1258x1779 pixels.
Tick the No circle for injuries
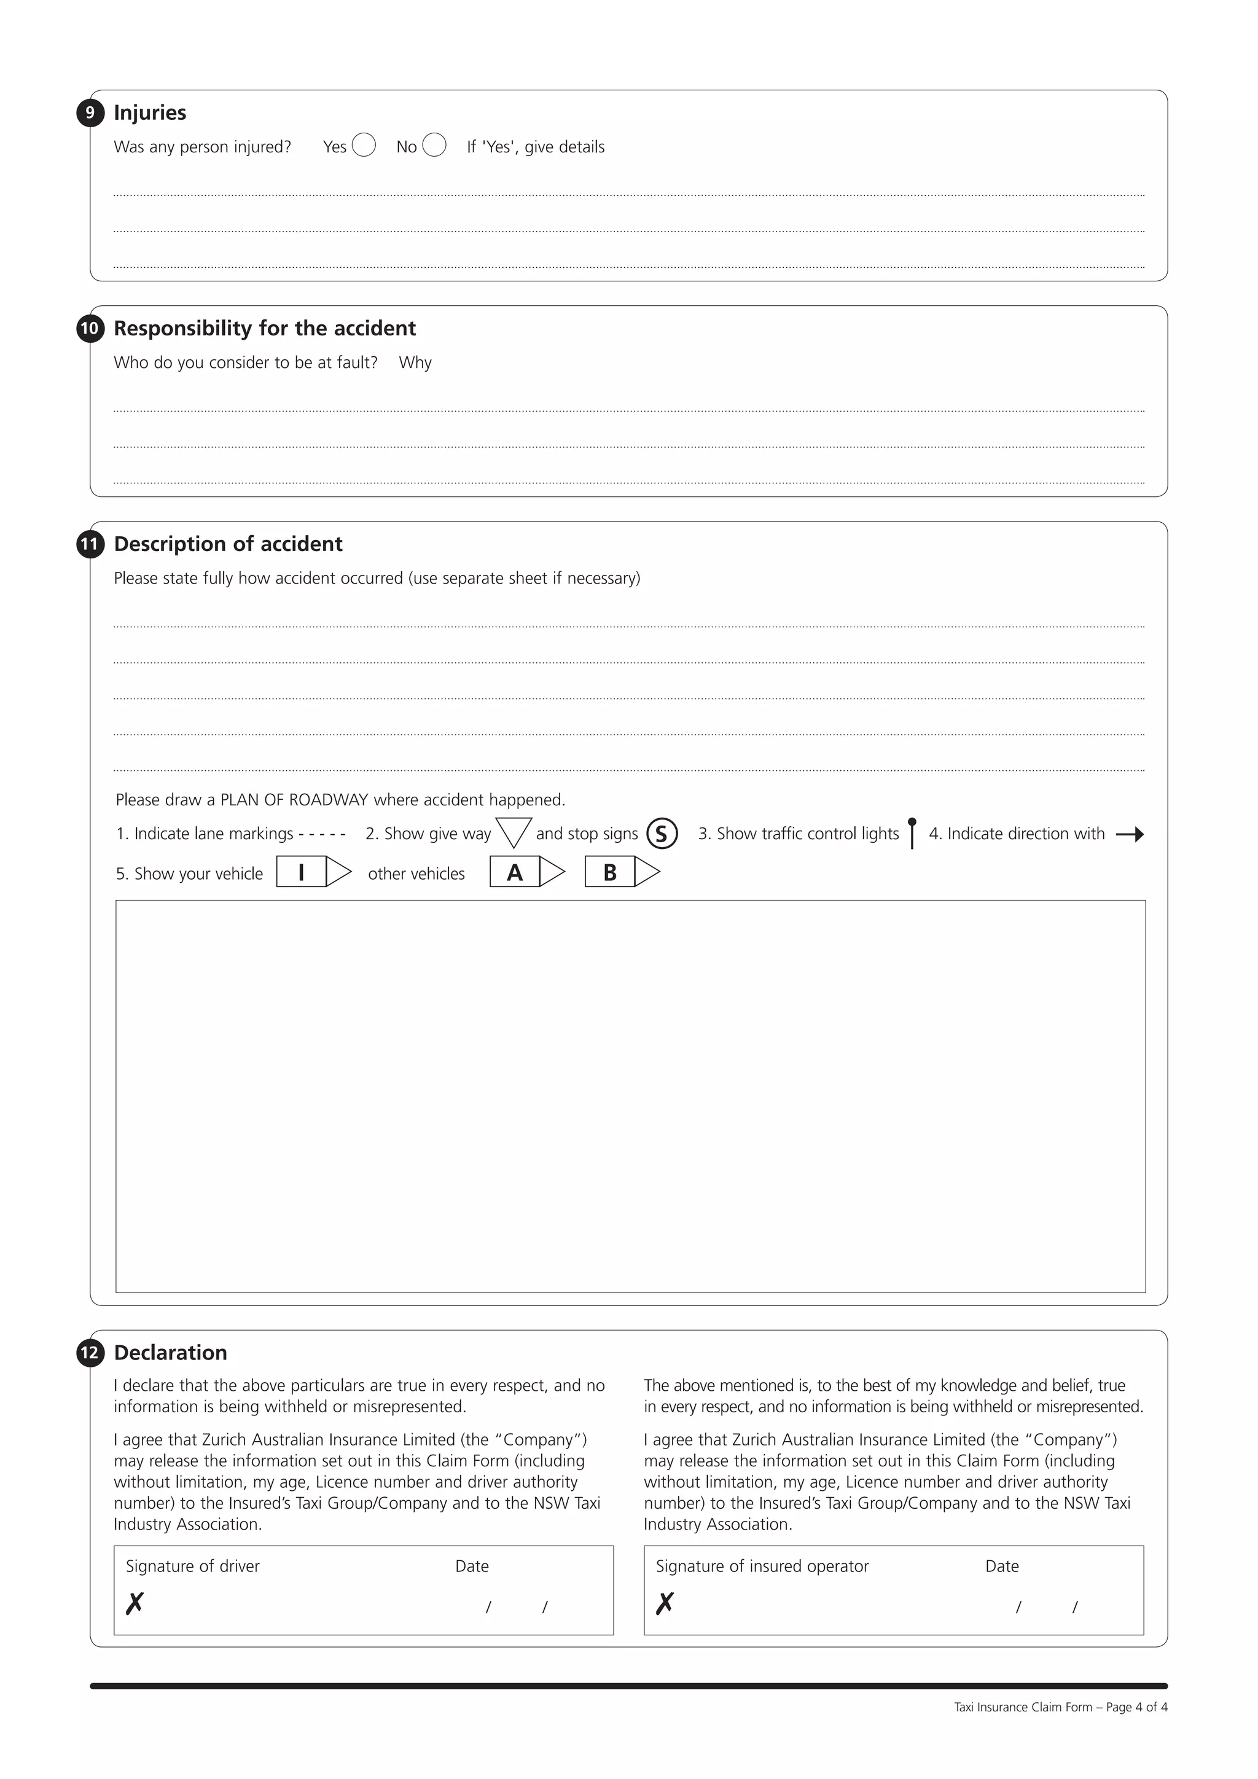(x=434, y=145)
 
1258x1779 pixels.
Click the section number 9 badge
(x=90, y=113)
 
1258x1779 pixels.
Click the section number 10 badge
(x=90, y=329)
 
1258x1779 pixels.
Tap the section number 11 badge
(x=90, y=544)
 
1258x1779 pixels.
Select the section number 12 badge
(x=90, y=1353)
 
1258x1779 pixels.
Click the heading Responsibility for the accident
(x=264, y=329)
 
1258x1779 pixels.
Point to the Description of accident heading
(x=228, y=544)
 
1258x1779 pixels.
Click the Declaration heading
(x=170, y=1353)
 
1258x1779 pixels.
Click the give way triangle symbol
(x=513, y=831)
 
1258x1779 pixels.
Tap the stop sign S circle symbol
(x=662, y=834)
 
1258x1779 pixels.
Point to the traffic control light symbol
(x=912, y=833)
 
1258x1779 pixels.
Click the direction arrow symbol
(x=1130, y=834)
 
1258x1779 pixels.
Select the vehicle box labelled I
(x=313, y=872)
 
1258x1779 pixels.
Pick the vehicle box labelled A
(x=527, y=872)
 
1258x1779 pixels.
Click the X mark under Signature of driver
(x=135, y=1602)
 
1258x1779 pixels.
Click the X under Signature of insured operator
(x=665, y=1602)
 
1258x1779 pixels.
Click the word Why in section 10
(x=415, y=362)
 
